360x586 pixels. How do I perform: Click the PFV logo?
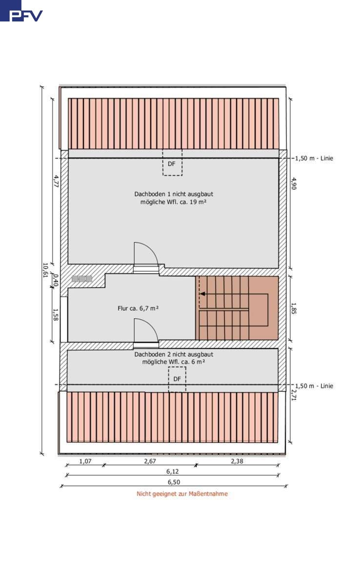[x=21, y=11]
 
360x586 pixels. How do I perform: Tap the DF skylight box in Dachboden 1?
[x=172, y=162]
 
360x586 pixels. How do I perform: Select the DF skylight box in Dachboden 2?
[x=177, y=379]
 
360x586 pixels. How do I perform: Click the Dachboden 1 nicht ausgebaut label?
[x=174, y=194]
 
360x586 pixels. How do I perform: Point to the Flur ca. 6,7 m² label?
[x=138, y=308]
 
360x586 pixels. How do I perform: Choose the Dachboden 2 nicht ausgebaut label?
[x=174, y=354]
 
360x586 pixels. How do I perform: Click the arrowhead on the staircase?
[x=202, y=294]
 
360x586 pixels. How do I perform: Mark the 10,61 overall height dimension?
[x=45, y=270]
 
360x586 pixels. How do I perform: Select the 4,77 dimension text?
[x=56, y=181]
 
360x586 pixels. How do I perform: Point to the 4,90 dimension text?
[x=294, y=183]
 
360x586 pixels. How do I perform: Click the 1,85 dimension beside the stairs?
[x=294, y=308]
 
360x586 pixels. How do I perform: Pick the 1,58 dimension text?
[x=56, y=315]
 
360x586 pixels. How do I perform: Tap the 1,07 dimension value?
[x=85, y=461]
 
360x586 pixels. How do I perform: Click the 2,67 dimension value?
[x=150, y=461]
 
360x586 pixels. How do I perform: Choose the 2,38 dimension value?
[x=237, y=461]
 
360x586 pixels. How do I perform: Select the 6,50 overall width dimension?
[x=174, y=482]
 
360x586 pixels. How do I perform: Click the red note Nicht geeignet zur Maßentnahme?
[x=182, y=494]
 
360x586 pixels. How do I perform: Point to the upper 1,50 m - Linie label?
[x=314, y=158]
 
